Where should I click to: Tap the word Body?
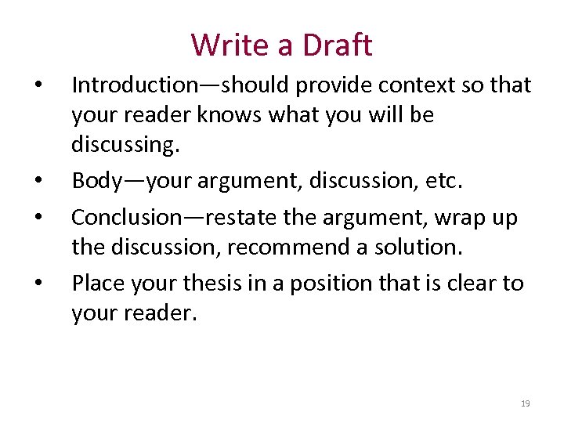[x=96, y=182]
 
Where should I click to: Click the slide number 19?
[x=525, y=403]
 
